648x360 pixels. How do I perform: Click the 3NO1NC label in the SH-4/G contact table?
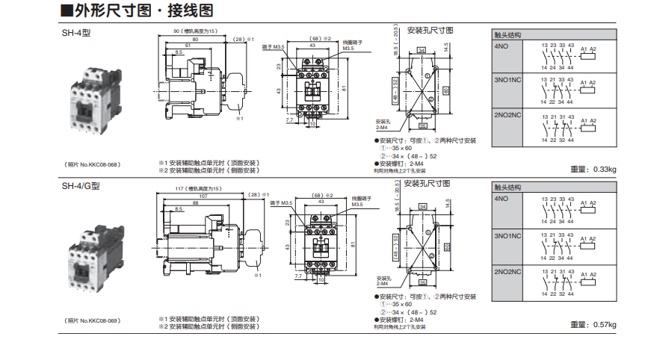point(507,236)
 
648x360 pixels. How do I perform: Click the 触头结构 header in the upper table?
point(508,35)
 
